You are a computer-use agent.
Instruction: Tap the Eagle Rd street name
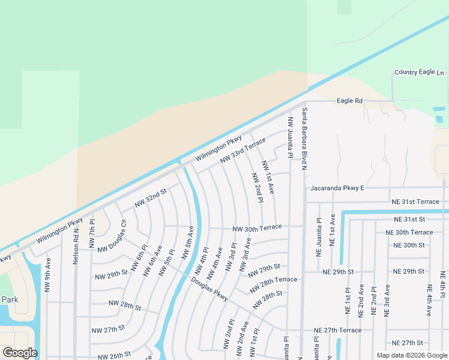point(349,101)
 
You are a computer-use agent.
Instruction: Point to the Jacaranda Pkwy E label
point(337,188)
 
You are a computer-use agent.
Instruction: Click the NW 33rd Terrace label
point(243,150)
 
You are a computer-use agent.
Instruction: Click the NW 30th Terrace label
point(257,229)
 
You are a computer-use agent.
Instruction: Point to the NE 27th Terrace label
point(338,331)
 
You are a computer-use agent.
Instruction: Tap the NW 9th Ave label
point(48,275)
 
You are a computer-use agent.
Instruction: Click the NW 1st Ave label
point(268,177)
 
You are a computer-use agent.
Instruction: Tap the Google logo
point(20,353)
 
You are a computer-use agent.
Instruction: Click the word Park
point(10,299)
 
